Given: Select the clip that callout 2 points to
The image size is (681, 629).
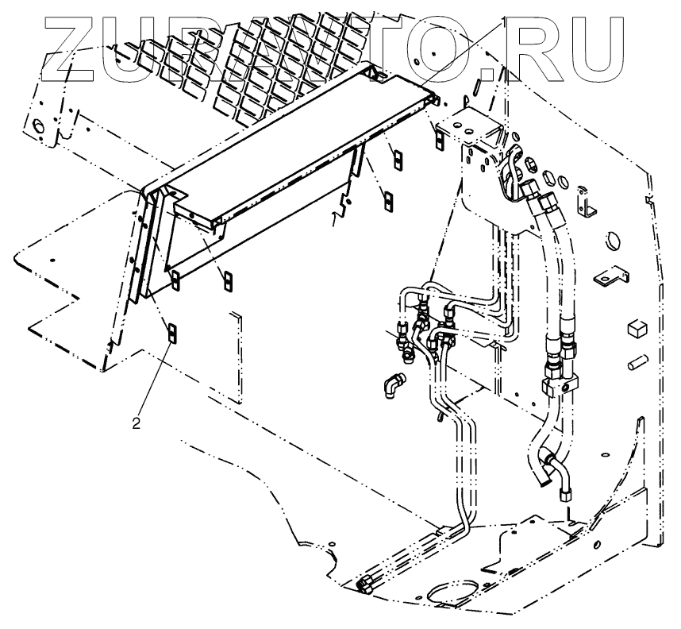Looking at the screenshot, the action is point(171,330).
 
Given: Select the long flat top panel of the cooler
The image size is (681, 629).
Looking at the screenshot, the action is point(302,143).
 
